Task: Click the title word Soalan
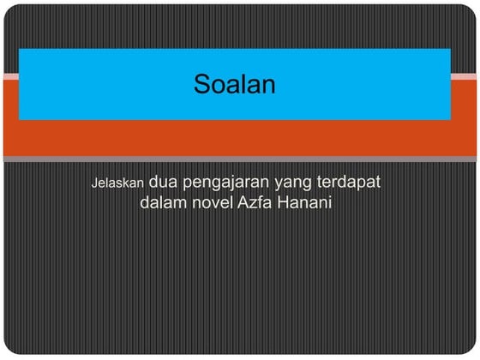click(233, 84)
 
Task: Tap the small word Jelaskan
click(118, 183)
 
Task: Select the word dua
click(164, 183)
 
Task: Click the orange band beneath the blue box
click(234, 137)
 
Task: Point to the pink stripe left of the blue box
click(9, 77)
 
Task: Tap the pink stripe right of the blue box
click(464, 77)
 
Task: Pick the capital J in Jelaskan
click(94, 183)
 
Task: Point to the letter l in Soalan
click(242, 83)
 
